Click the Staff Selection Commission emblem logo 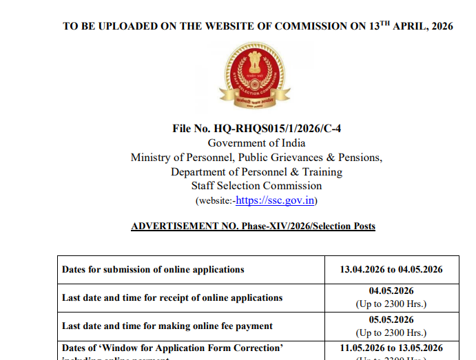(256, 76)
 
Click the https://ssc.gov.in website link (276, 200)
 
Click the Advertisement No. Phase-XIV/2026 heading (253, 226)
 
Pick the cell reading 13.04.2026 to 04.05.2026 (391, 269)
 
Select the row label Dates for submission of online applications (153, 269)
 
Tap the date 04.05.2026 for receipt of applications (391, 291)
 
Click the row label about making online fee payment (167, 326)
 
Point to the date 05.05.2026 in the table (391, 319)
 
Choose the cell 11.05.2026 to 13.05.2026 (391, 348)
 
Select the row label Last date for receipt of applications (172, 297)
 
